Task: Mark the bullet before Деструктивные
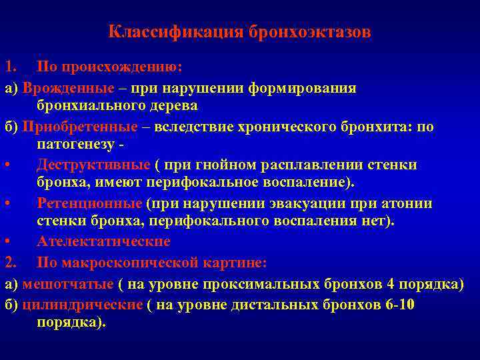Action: tap(8, 165)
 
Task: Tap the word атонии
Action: tap(408, 203)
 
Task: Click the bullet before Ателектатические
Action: tap(8, 241)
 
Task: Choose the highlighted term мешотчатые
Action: tap(67, 284)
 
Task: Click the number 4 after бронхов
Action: tap(390, 284)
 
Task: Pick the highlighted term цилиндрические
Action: tap(82, 305)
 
